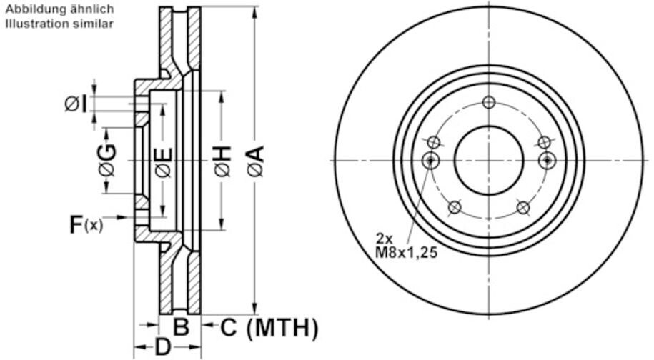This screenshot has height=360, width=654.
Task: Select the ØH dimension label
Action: pyautogui.click(x=222, y=160)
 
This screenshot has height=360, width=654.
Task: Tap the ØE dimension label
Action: pyautogui.click(x=163, y=161)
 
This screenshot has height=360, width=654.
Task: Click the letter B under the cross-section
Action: pyautogui.click(x=182, y=328)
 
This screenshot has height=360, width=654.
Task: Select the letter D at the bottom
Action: pyautogui.click(x=164, y=348)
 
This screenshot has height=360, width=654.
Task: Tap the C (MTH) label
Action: pyautogui.click(x=269, y=328)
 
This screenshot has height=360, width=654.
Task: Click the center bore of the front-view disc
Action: pyautogui.click(x=489, y=161)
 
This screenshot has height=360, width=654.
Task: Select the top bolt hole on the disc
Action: pyautogui.click(x=489, y=102)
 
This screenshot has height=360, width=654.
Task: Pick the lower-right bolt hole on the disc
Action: pyautogui.click(x=523, y=208)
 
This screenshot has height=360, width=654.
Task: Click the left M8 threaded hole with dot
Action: pyautogui.click(x=430, y=161)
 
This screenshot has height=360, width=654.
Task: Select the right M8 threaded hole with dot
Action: pyautogui.click(x=548, y=161)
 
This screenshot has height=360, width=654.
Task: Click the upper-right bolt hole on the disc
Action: pyautogui.click(x=545, y=142)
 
